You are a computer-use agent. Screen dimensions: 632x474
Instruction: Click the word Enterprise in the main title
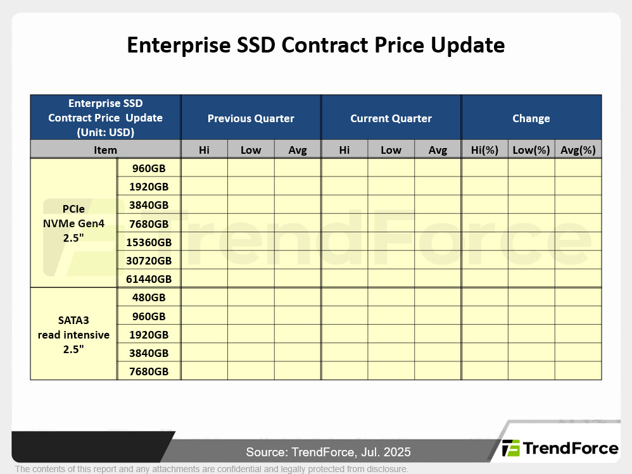179,45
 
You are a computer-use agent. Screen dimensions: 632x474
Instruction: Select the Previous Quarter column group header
251,118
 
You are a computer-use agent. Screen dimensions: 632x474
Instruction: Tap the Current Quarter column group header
391,118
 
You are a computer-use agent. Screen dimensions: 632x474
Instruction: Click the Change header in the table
531,118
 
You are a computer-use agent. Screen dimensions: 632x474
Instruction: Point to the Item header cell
105,150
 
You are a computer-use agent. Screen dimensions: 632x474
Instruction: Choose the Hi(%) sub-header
484,150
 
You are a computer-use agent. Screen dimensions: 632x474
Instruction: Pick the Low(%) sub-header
531,150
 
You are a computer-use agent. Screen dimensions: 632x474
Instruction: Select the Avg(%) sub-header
578,150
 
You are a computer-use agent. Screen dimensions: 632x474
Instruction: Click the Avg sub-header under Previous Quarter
298,150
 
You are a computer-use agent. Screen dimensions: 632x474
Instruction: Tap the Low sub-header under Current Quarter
391,150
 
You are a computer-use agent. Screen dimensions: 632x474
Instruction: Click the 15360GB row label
149,242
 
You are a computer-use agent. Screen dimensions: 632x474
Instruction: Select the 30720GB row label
149,261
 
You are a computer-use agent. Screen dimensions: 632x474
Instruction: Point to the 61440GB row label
149,279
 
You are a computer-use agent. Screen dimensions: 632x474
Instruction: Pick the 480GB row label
149,297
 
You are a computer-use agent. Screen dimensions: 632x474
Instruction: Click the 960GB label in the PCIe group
149,168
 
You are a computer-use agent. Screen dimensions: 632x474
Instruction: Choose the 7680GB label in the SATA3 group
149,371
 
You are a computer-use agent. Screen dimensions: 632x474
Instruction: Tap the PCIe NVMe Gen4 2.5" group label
73,223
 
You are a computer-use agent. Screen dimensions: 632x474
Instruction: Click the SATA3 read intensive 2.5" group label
73,335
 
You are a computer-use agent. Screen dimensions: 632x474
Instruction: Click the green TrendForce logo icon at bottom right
510,448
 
